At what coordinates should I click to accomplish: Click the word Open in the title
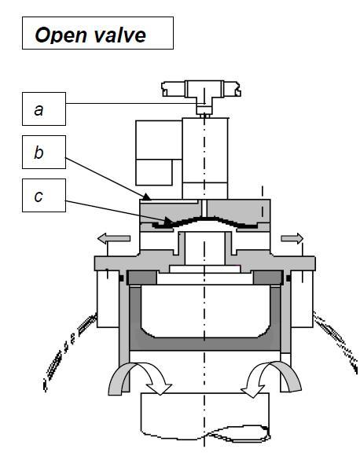pyautogui.click(x=61, y=35)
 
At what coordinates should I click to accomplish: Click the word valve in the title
pyautogui.click(x=120, y=35)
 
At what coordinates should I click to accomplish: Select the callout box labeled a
pyautogui.click(x=44, y=109)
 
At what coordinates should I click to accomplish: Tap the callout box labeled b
pyautogui.click(x=44, y=152)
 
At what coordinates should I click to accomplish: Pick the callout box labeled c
pyautogui.click(x=44, y=195)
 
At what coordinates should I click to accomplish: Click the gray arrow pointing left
pyautogui.click(x=114, y=238)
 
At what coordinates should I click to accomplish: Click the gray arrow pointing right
pyautogui.click(x=292, y=238)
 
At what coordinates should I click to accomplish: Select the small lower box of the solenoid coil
pyautogui.click(x=154, y=172)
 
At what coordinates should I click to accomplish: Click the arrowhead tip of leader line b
pyautogui.click(x=150, y=200)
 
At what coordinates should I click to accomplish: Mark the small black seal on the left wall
pyautogui.click(x=121, y=278)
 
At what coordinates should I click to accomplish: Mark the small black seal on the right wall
pyautogui.click(x=288, y=278)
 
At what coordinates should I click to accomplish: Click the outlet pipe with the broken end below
pyautogui.click(x=205, y=417)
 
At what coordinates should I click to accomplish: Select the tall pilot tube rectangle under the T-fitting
pyautogui.click(x=205, y=158)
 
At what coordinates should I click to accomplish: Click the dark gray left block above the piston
pyautogui.click(x=142, y=278)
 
